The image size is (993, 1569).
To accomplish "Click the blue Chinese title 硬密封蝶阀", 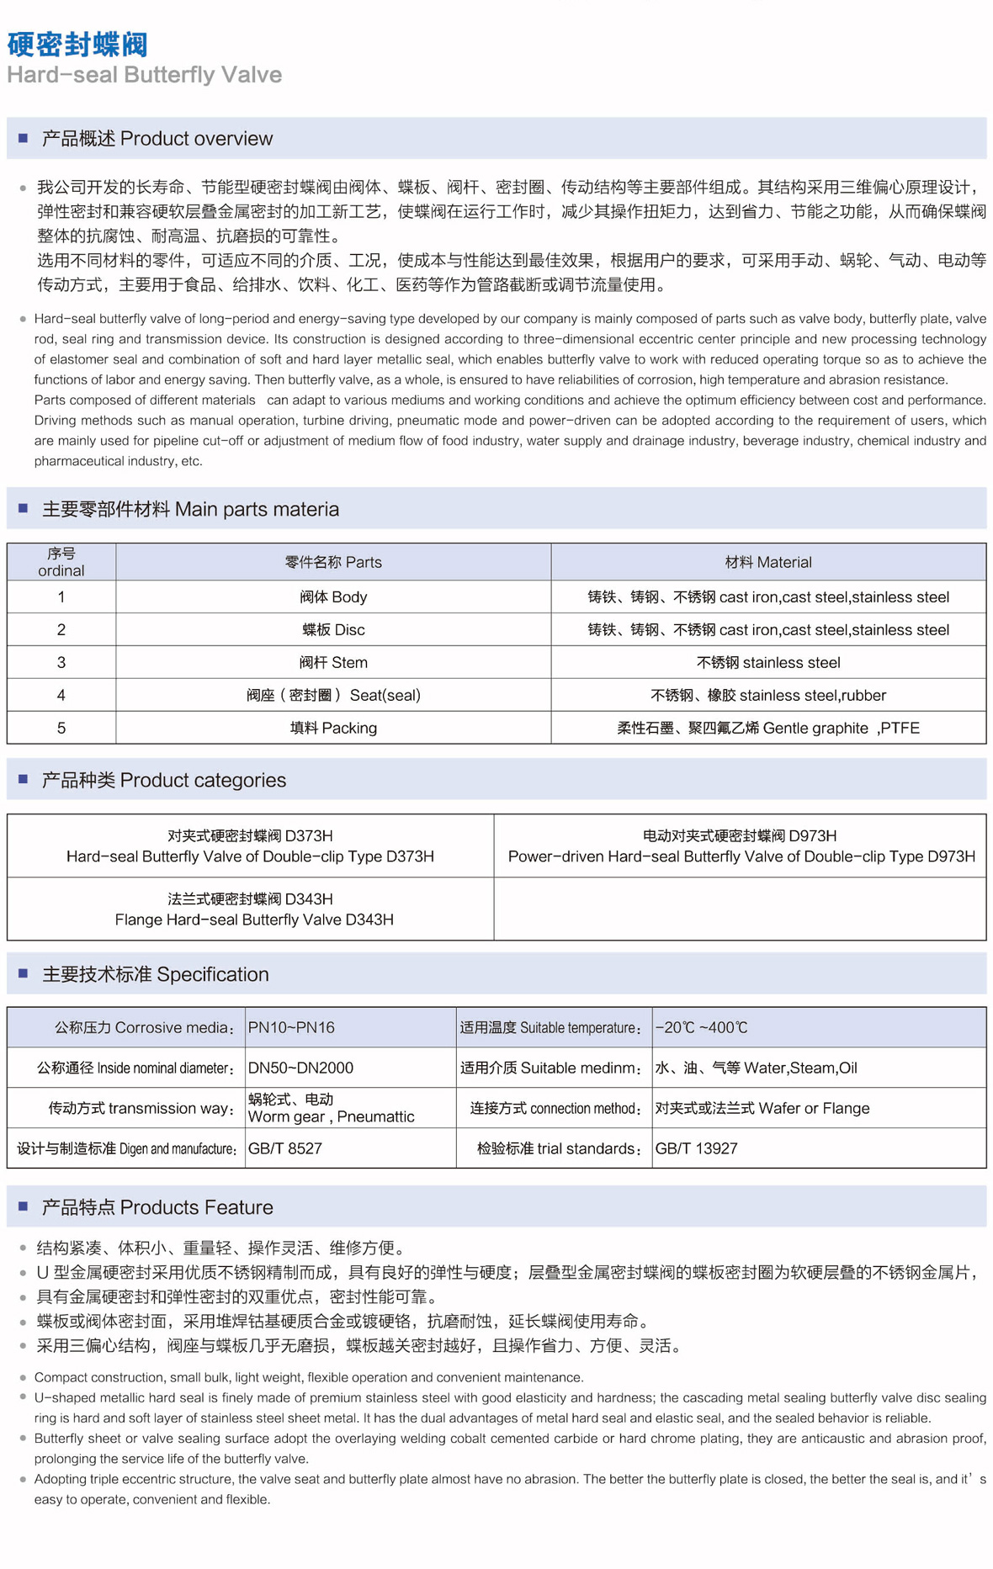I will point(77,44).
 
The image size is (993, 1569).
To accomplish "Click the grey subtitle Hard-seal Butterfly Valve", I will point(144,75).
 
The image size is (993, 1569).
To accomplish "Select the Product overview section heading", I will point(157,139).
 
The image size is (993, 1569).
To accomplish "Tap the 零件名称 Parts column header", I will point(333,562).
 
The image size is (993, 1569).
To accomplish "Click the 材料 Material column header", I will point(768,562).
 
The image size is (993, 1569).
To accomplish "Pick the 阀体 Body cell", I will point(333,597).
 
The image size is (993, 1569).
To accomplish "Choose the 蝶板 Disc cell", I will point(333,630).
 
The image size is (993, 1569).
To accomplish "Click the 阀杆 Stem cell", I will point(333,663).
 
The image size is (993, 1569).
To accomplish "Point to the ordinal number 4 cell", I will point(61,696).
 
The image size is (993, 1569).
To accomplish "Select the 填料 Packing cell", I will point(333,729).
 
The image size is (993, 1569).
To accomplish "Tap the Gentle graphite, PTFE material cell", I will point(768,729).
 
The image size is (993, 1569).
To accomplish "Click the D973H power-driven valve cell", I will point(741,846).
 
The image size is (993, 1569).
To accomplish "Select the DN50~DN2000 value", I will point(300,1068).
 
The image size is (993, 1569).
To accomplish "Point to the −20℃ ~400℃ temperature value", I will point(701,1028).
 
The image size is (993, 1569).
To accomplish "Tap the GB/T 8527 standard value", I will point(284,1149).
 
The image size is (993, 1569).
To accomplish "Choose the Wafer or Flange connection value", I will point(762,1109).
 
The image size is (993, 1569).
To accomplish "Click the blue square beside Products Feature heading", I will point(23,1206).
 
